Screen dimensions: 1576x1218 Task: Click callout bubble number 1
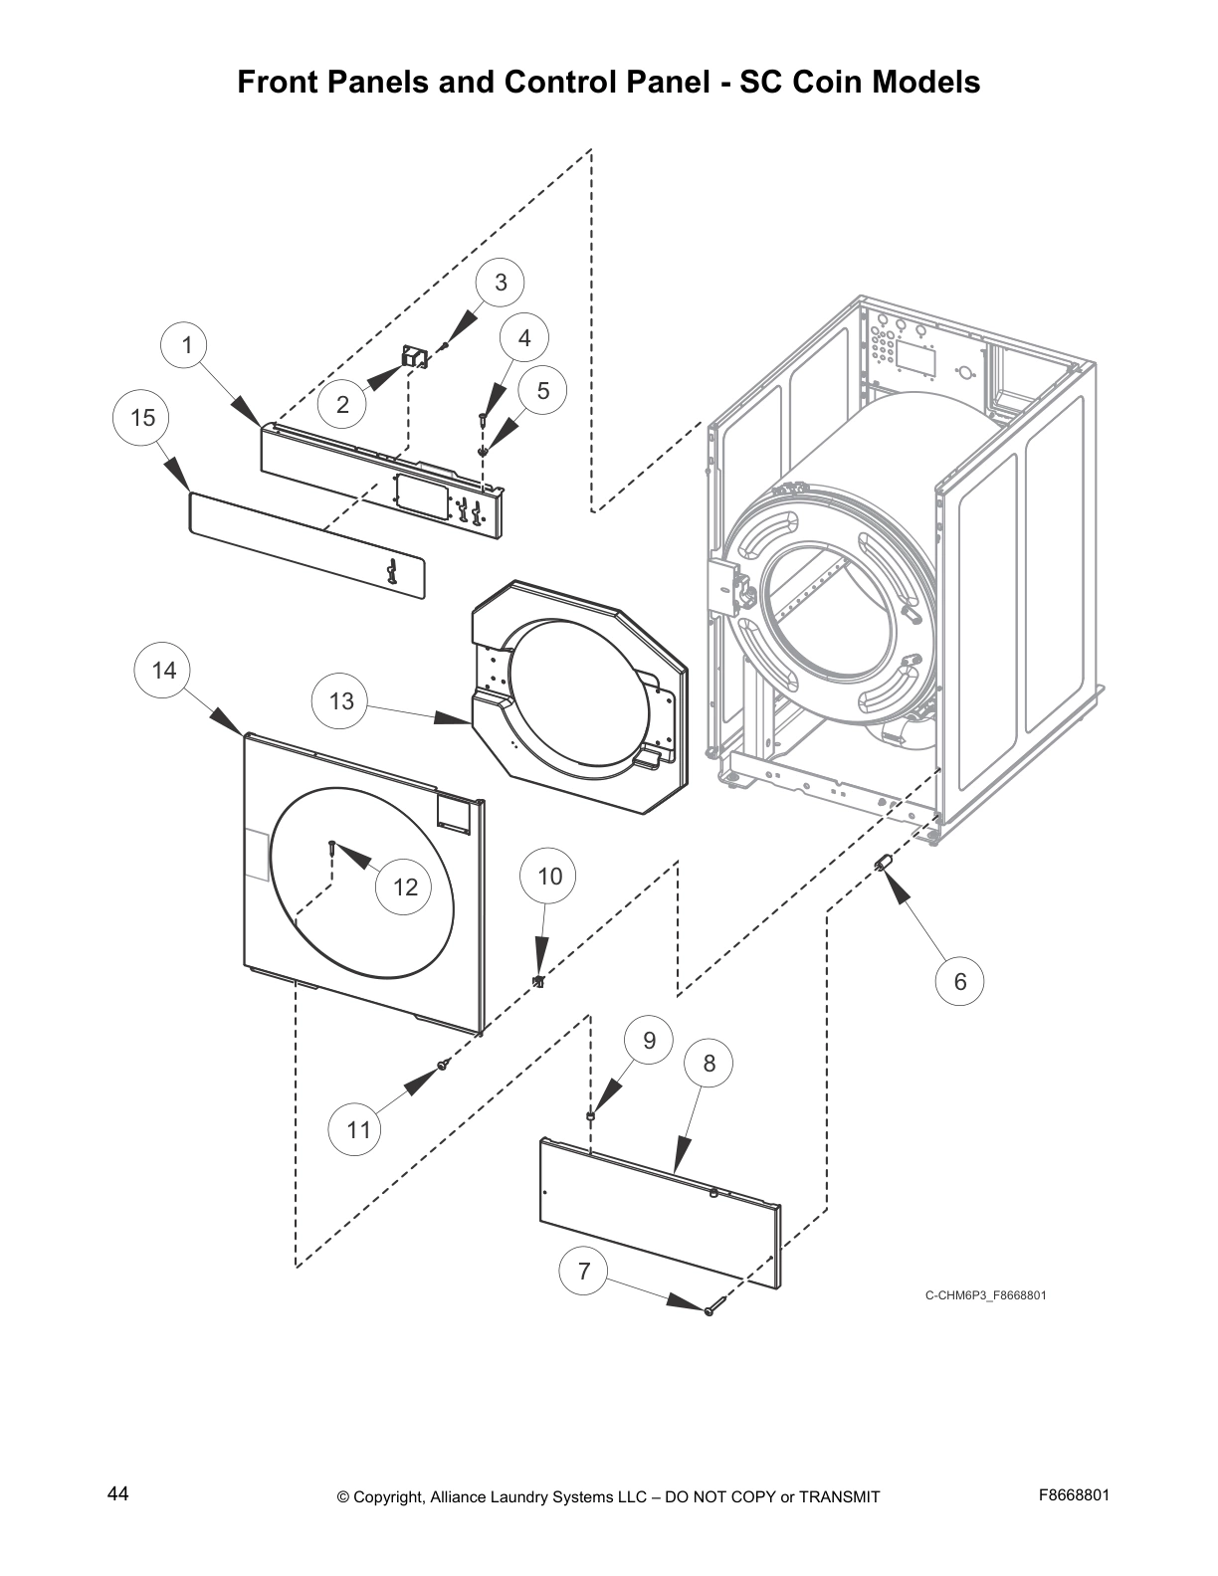click(x=186, y=345)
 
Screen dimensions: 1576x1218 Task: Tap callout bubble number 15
click(x=143, y=418)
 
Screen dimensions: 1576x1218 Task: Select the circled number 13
click(x=341, y=701)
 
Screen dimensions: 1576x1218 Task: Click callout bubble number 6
click(x=959, y=981)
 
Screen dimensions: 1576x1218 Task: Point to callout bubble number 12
click(x=405, y=886)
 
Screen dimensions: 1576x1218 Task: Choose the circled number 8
click(x=709, y=1064)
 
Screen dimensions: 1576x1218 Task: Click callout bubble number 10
click(x=549, y=877)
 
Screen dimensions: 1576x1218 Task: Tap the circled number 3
click(x=501, y=283)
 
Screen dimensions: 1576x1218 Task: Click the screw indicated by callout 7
click(x=710, y=1311)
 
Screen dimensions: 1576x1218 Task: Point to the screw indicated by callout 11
click(x=443, y=1066)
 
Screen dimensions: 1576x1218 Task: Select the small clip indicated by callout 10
click(x=538, y=982)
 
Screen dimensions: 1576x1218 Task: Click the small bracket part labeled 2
click(x=413, y=356)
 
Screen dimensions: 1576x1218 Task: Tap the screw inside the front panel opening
click(x=329, y=848)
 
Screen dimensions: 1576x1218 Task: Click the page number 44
click(x=117, y=1494)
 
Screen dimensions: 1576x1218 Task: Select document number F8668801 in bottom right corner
click(x=1074, y=1495)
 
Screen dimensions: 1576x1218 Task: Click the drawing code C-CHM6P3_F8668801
click(x=985, y=1295)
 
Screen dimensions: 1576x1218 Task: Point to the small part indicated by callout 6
click(x=881, y=862)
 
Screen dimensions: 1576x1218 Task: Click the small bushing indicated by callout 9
click(x=591, y=1117)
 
